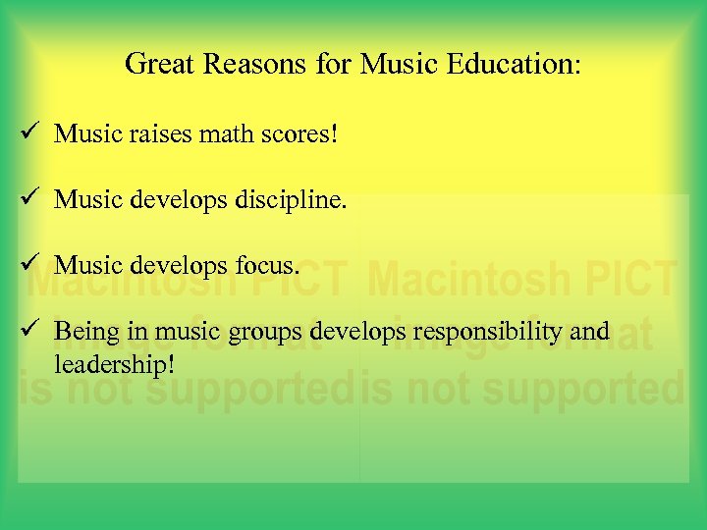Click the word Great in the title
point(156,65)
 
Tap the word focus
point(264,266)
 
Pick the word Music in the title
point(396,65)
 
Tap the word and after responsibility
point(591,332)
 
